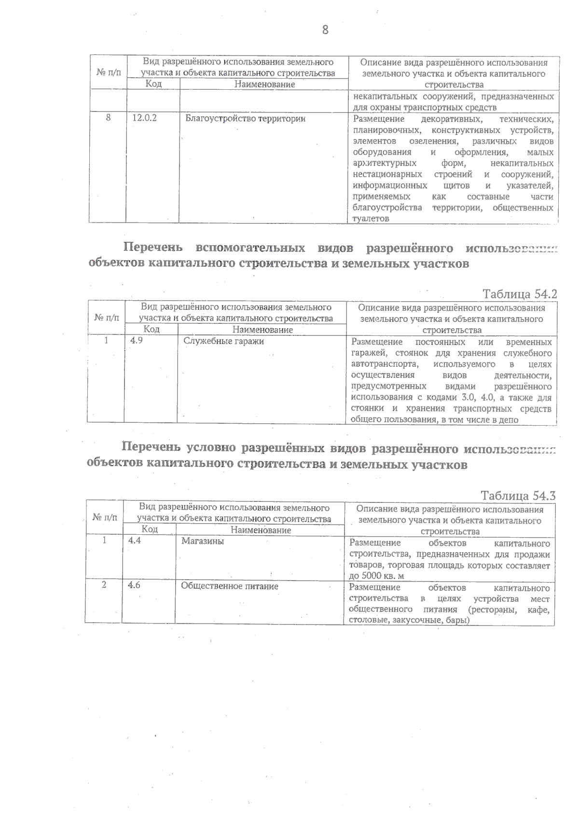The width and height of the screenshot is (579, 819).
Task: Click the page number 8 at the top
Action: (325, 30)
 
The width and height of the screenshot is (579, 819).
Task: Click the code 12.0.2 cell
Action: (145, 118)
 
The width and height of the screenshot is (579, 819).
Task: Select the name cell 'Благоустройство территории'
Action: (245, 118)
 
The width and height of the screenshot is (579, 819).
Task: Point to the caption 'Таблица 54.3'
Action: (518, 496)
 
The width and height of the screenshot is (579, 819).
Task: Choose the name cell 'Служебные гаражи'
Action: (224, 341)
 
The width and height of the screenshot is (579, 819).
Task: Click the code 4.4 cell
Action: (135, 541)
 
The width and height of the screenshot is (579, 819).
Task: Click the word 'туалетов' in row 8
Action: (371, 219)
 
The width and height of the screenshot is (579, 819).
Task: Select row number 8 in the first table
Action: (108, 118)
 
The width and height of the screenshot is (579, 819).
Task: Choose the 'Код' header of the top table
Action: (153, 84)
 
